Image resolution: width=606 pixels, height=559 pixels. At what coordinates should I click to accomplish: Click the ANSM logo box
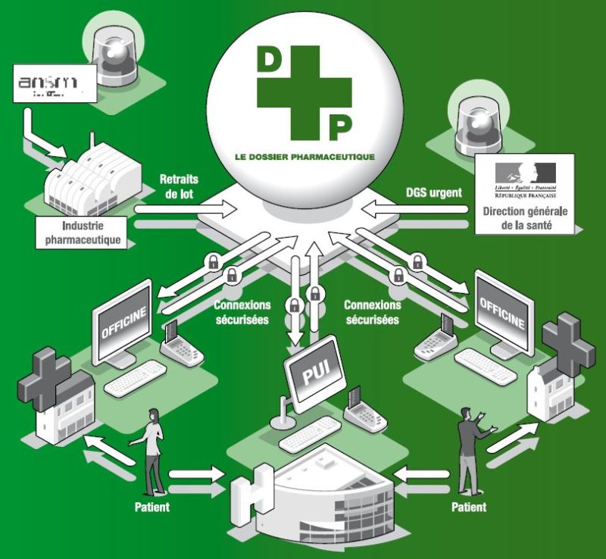tap(55, 84)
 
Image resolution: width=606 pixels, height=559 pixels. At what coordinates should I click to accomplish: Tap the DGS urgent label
tap(434, 192)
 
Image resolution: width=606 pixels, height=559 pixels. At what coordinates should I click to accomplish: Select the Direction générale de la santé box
tap(525, 195)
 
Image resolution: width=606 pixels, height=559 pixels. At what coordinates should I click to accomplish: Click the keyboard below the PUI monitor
tap(308, 434)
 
